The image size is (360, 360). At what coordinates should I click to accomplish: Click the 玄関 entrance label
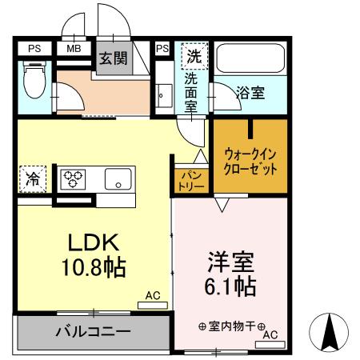(x=113, y=58)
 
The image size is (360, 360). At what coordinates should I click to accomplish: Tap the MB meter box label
(x=73, y=49)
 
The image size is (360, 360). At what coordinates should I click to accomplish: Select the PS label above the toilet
(x=34, y=49)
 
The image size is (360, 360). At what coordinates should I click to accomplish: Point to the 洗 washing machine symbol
(x=194, y=58)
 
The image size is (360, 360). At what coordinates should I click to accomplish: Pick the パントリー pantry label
(x=191, y=179)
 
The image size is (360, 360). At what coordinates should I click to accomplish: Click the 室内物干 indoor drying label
(x=226, y=326)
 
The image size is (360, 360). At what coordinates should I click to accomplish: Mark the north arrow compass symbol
(x=332, y=330)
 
